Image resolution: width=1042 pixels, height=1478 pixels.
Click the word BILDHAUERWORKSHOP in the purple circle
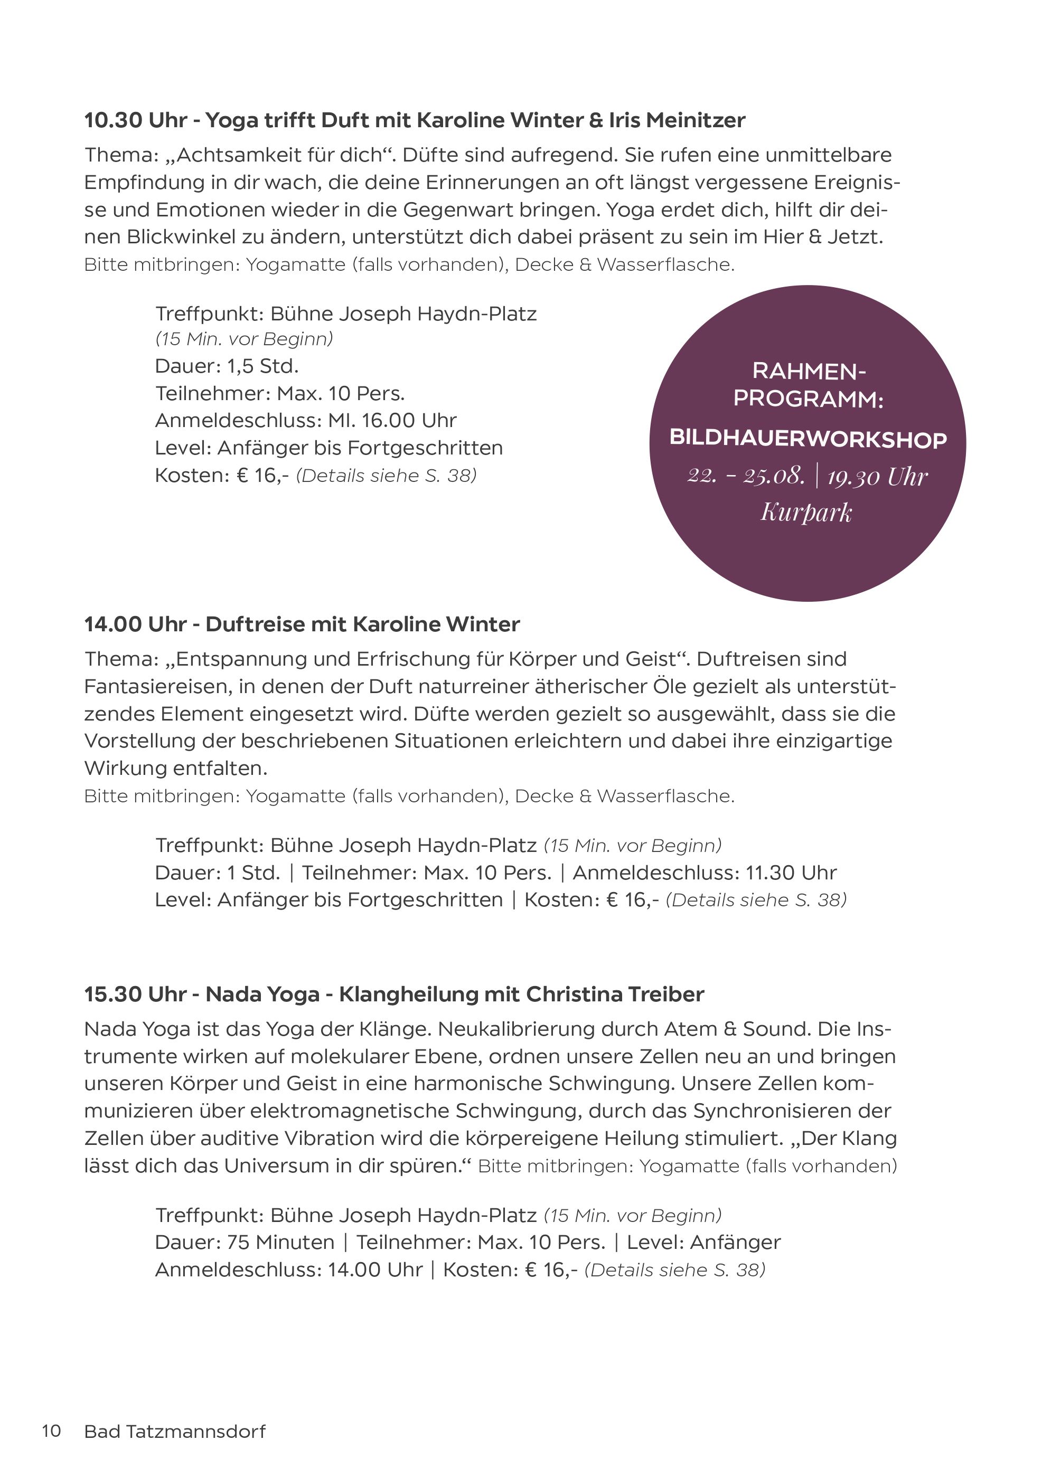[808, 439]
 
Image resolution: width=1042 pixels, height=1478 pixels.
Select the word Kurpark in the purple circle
[806, 513]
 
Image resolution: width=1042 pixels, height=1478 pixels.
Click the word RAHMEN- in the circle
[809, 372]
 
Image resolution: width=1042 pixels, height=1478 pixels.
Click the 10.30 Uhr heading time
[136, 120]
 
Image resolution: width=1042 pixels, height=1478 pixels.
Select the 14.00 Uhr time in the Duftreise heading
[135, 624]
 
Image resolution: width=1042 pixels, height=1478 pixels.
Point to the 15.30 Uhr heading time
[135, 994]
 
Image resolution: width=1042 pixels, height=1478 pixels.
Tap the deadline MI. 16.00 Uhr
[392, 420]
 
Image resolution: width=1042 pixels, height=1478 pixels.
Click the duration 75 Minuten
[281, 1243]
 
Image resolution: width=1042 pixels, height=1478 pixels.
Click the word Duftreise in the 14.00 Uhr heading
[255, 624]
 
